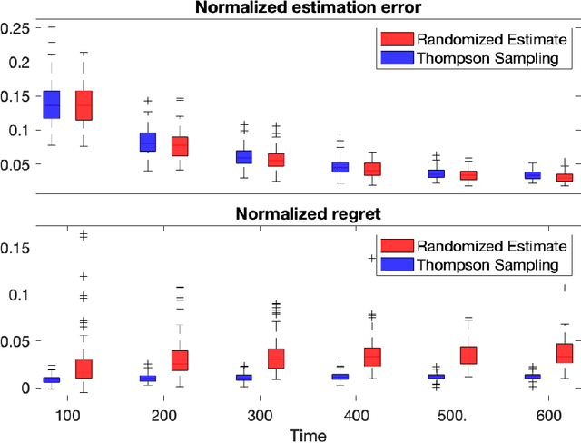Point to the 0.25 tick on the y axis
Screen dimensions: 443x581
click(17, 28)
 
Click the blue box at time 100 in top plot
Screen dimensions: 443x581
click(52, 105)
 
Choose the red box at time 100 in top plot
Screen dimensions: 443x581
click(84, 105)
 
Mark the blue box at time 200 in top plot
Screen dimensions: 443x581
click(147, 143)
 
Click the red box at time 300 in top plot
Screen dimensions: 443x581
click(276, 160)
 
